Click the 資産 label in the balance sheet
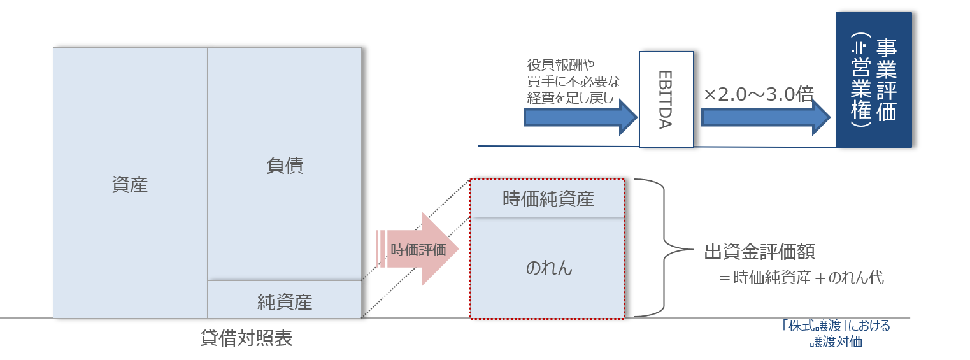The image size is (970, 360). (130, 185)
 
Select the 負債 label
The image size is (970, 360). (285, 166)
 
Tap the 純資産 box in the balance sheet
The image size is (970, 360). (285, 301)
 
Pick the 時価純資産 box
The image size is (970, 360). (548, 199)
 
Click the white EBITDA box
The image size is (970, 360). (666, 99)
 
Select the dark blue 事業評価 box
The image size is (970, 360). (873, 80)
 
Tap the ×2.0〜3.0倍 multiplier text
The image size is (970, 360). (759, 94)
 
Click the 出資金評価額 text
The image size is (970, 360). (759, 252)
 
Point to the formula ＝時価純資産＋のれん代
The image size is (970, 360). (801, 278)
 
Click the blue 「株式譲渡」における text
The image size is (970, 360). (836, 326)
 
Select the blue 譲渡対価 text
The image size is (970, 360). (836, 342)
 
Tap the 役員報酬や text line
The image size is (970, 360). (560, 64)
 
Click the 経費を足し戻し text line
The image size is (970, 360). (569, 97)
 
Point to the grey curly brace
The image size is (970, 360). (662, 247)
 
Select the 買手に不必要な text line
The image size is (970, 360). (573, 81)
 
